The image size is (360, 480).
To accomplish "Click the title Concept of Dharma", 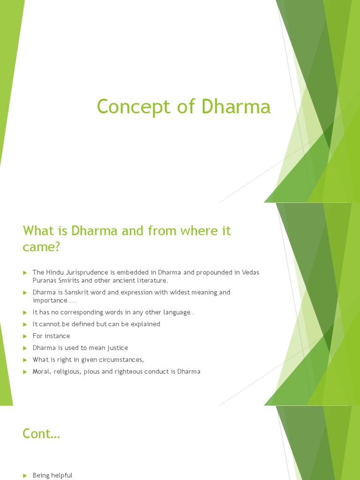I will coord(184,107).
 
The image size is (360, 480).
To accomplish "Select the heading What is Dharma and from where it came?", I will coord(127,239).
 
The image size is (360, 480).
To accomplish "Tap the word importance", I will coord(50,300).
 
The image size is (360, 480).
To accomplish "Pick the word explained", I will coord(145,324).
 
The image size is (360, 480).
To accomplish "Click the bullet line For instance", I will coord(51,336).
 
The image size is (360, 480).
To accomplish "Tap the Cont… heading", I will coord(41,434).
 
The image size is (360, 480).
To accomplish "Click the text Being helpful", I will coord(52,475).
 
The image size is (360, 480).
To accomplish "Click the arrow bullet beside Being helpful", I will coord(25,476).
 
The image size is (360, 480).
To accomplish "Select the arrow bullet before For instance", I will coord(25,336).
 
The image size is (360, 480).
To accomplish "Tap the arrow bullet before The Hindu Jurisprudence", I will coord(25,273).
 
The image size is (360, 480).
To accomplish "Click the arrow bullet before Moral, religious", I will coord(25,372).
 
